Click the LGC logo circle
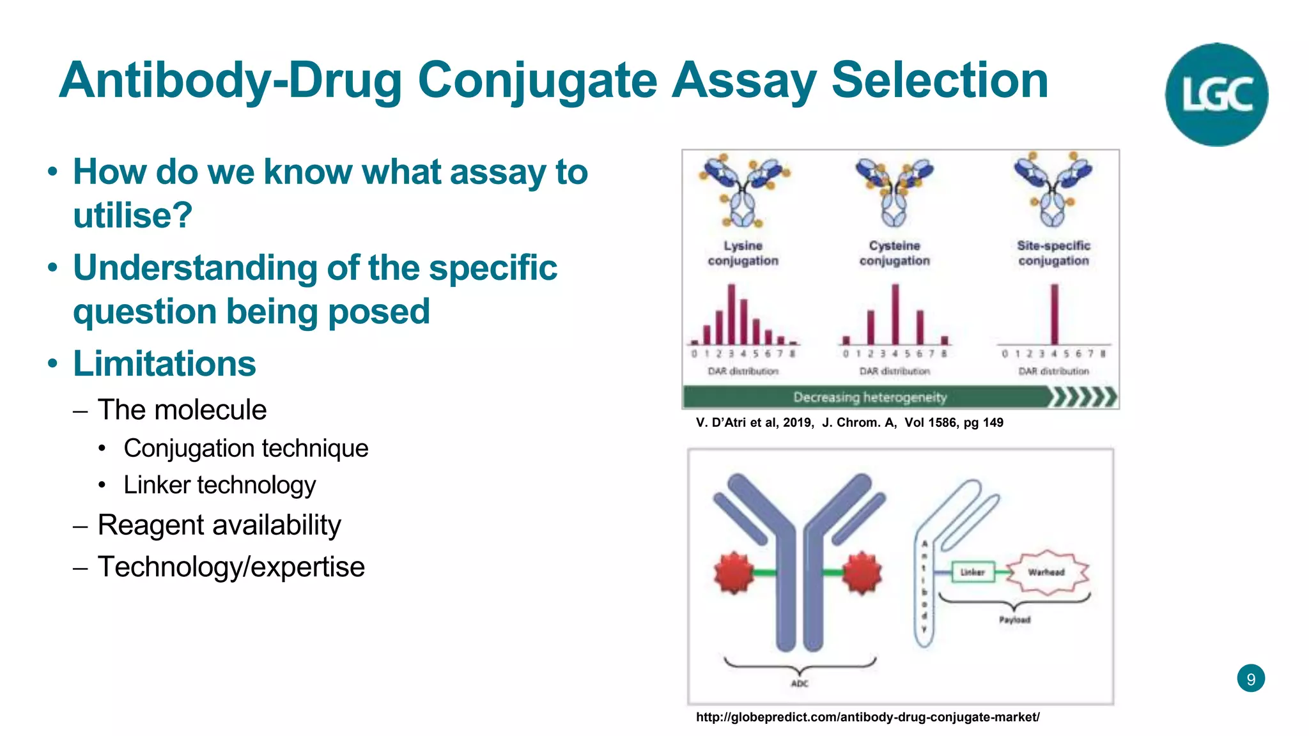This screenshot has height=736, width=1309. point(1216,95)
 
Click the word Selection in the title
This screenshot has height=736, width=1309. point(940,80)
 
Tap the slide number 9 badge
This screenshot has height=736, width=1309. point(1251,678)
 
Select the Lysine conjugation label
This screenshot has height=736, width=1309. point(743,253)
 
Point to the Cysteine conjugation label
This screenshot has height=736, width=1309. point(894,253)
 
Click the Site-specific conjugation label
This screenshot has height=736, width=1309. point(1053,253)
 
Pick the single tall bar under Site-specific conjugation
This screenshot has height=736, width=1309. point(1055,314)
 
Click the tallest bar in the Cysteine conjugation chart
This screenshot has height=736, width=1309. point(895,314)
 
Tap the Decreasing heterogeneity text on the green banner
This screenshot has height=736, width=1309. point(869,397)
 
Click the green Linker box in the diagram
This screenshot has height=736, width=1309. point(973,572)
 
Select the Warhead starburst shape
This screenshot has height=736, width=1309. point(1046,572)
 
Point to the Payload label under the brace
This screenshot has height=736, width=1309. point(1014,620)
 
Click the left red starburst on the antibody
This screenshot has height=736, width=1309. point(734,572)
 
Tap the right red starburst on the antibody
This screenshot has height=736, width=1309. point(862,572)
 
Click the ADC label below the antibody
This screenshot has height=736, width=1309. point(800,684)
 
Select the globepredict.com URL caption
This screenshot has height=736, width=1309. point(867,717)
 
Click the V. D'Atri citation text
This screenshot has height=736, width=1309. point(849,422)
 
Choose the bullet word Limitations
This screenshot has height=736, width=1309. point(164,364)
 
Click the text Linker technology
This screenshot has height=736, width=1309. point(219,485)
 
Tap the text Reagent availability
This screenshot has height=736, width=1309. point(219,525)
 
